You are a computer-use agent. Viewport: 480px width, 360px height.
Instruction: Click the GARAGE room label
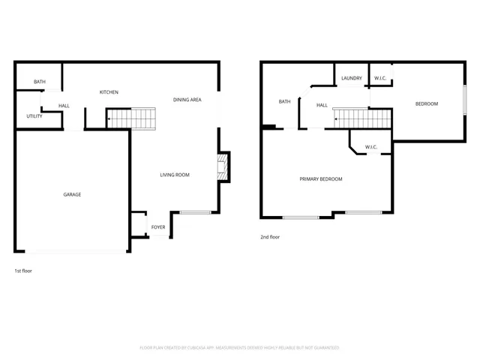[72, 194]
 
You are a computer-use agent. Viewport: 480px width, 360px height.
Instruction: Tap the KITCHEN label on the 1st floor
[109, 92]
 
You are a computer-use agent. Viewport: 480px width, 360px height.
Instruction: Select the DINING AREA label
[187, 100]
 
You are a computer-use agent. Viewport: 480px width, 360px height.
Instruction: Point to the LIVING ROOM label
[174, 175]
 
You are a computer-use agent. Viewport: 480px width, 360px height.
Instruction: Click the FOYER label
[158, 226]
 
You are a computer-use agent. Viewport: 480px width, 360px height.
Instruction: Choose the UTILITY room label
[34, 116]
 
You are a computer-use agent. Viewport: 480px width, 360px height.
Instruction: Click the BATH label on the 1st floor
[40, 82]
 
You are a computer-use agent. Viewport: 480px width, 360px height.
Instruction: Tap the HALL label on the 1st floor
[64, 106]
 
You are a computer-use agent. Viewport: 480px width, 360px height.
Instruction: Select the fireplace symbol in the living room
[222, 168]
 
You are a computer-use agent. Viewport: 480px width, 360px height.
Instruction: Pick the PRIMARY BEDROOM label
[321, 178]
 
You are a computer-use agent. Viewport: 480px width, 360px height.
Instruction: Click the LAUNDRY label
[352, 78]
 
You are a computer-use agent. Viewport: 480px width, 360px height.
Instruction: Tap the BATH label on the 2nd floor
[284, 102]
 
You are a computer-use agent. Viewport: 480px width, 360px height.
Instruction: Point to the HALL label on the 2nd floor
[322, 105]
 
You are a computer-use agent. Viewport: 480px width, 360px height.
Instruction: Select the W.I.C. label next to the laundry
[380, 78]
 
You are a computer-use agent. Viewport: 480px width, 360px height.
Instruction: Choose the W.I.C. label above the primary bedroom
[370, 146]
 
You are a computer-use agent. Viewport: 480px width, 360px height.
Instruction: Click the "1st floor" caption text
[23, 270]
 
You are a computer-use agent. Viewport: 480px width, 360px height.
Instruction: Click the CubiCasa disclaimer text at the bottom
[239, 348]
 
